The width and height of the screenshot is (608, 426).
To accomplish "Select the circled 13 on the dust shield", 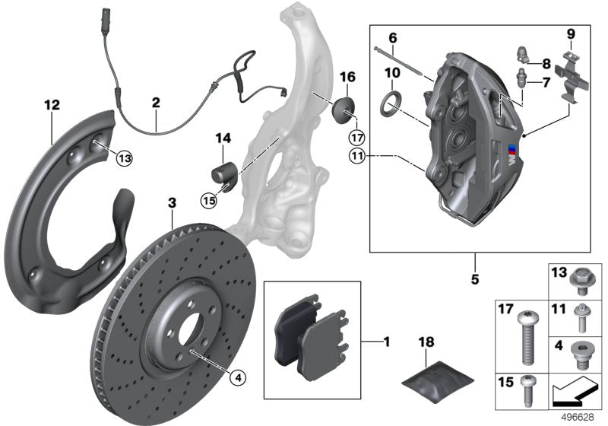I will [124, 157].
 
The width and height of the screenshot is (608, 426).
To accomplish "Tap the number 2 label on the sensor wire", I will [155, 101].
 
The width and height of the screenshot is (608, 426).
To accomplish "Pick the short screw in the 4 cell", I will [582, 354].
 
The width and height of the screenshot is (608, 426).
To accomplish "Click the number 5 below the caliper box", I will [475, 279].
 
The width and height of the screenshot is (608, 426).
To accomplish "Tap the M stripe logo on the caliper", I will [516, 150].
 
